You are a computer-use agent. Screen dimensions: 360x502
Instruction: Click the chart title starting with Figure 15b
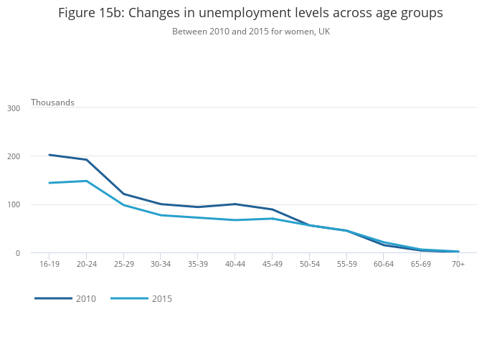pyautogui.click(x=250, y=14)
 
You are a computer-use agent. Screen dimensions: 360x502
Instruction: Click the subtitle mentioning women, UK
pyautogui.click(x=250, y=32)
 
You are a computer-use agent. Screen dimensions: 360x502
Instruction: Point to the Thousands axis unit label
pyautogui.click(x=52, y=103)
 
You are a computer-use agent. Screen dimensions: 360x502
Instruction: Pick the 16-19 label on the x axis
pyautogui.click(x=49, y=265)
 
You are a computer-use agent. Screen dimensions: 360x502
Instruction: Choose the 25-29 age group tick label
pyautogui.click(x=123, y=265)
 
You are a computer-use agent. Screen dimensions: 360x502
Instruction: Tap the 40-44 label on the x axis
pyautogui.click(x=235, y=265)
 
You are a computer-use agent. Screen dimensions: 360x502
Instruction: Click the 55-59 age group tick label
pyautogui.click(x=346, y=265)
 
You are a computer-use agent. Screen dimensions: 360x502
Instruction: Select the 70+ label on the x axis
pyautogui.click(x=458, y=265)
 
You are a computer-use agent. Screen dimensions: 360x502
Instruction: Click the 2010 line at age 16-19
pyautogui.click(x=49, y=155)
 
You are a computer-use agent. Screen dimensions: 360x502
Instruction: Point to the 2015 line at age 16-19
pyautogui.click(x=49, y=183)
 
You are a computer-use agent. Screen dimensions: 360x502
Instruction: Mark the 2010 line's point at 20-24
pyautogui.click(x=86, y=160)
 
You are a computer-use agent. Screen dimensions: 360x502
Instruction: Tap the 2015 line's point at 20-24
pyautogui.click(x=86, y=181)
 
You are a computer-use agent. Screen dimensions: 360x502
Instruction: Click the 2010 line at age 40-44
pyautogui.click(x=235, y=204)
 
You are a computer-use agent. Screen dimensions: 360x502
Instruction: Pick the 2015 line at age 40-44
pyautogui.click(x=235, y=220)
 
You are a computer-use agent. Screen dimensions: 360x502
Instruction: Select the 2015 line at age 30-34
pyautogui.click(x=161, y=215)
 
